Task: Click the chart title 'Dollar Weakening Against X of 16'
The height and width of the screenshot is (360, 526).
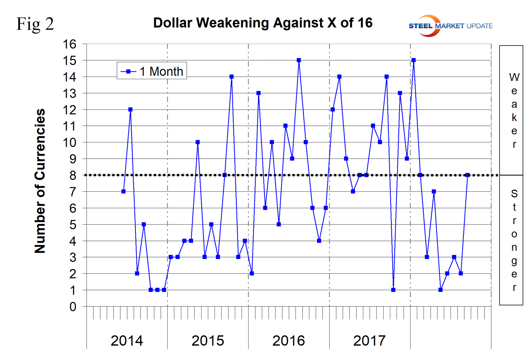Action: pyautogui.click(x=263, y=23)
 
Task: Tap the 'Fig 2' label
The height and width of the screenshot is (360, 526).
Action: pyautogui.click(x=35, y=24)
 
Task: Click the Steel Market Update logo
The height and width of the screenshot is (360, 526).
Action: pyautogui.click(x=450, y=26)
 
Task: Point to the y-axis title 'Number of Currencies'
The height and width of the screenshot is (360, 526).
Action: pyautogui.click(x=40, y=181)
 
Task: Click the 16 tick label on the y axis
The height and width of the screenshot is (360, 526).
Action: pyautogui.click(x=69, y=44)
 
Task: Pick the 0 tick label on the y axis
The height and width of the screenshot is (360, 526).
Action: pyautogui.click(x=73, y=307)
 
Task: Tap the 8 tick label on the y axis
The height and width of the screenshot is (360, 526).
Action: pyautogui.click(x=73, y=175)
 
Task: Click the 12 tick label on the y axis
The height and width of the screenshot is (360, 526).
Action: pyautogui.click(x=69, y=110)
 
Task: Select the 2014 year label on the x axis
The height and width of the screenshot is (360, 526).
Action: pyautogui.click(x=127, y=341)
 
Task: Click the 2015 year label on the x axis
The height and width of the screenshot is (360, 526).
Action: pyautogui.click(x=208, y=341)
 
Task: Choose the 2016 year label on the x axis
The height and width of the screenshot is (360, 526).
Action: pyautogui.click(x=289, y=341)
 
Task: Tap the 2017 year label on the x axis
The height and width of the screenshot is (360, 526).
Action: pyautogui.click(x=369, y=341)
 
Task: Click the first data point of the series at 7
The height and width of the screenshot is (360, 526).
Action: pyautogui.click(x=124, y=192)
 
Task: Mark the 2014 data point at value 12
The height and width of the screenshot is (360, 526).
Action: pyautogui.click(x=130, y=110)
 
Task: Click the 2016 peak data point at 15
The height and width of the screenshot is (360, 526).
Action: pyautogui.click(x=299, y=60)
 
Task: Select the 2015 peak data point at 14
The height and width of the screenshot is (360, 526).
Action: pyautogui.click(x=232, y=77)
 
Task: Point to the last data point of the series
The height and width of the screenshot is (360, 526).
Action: pyautogui.click(x=468, y=175)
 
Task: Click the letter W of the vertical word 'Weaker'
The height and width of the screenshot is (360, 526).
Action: pyautogui.click(x=514, y=77)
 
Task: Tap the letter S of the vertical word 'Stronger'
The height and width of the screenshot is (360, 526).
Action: pyautogui.click(x=514, y=194)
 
